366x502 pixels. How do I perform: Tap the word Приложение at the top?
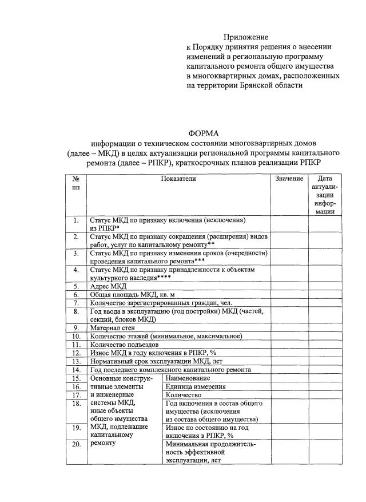coord(246,37)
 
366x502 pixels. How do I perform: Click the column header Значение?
coord(289,179)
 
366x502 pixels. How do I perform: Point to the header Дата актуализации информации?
coord(324,195)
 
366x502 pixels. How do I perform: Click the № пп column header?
coord(75,183)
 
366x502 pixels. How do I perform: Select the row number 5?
coord(75,286)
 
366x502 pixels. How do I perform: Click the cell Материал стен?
coord(113,327)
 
